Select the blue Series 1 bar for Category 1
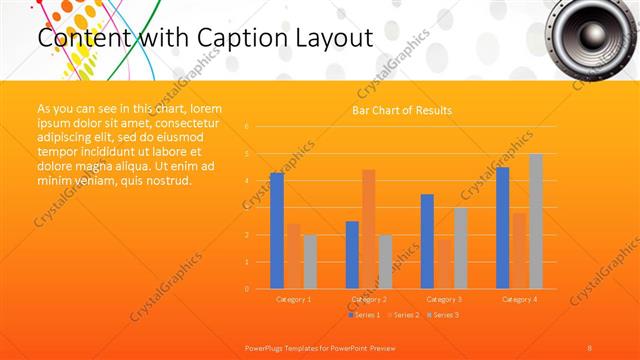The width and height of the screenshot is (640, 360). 277,231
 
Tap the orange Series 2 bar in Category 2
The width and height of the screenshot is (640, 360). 368,229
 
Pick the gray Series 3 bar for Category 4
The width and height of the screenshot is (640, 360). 536,221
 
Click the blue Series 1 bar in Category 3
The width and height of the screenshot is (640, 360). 427,241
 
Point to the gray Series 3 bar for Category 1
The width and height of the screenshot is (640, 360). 310,262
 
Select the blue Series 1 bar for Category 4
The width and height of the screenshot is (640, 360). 502,228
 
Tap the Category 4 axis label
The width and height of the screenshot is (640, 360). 518,299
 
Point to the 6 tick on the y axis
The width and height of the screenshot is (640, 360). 246,127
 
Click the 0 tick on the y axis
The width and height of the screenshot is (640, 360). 246,289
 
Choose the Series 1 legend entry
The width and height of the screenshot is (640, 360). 366,315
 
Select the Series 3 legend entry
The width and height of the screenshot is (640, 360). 442,315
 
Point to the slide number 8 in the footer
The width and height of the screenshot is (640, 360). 590,347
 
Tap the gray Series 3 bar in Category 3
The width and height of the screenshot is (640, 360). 461,248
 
